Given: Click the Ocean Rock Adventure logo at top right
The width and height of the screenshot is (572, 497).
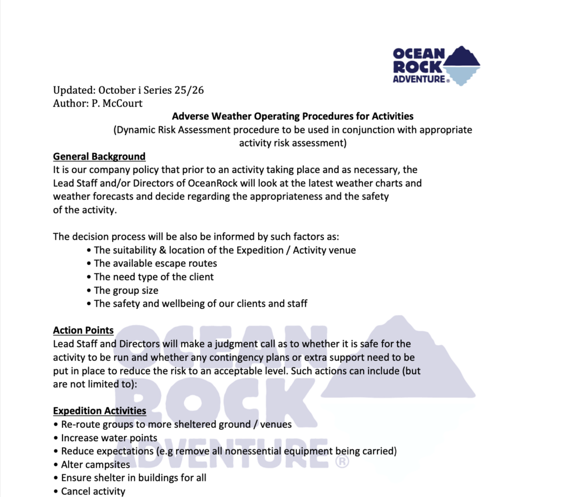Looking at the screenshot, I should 436,66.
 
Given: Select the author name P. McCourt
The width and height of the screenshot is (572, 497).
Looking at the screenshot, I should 117,103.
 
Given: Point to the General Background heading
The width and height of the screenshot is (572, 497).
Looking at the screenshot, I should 99,156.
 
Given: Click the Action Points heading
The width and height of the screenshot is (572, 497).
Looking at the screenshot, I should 83,331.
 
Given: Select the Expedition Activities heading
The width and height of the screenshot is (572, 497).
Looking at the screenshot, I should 99,411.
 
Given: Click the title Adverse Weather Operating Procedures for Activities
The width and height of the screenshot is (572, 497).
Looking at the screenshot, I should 293,117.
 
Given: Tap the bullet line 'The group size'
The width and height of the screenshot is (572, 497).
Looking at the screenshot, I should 126,290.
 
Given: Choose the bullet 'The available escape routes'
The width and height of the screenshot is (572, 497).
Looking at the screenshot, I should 155,264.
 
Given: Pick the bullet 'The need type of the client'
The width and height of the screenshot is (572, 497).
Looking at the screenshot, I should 154,277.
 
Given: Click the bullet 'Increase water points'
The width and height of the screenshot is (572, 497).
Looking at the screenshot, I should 109,438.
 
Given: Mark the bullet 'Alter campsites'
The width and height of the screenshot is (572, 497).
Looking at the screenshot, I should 95,465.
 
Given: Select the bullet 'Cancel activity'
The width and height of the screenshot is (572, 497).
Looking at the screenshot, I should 93,491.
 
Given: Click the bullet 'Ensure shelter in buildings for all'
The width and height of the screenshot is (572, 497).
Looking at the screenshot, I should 134,478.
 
